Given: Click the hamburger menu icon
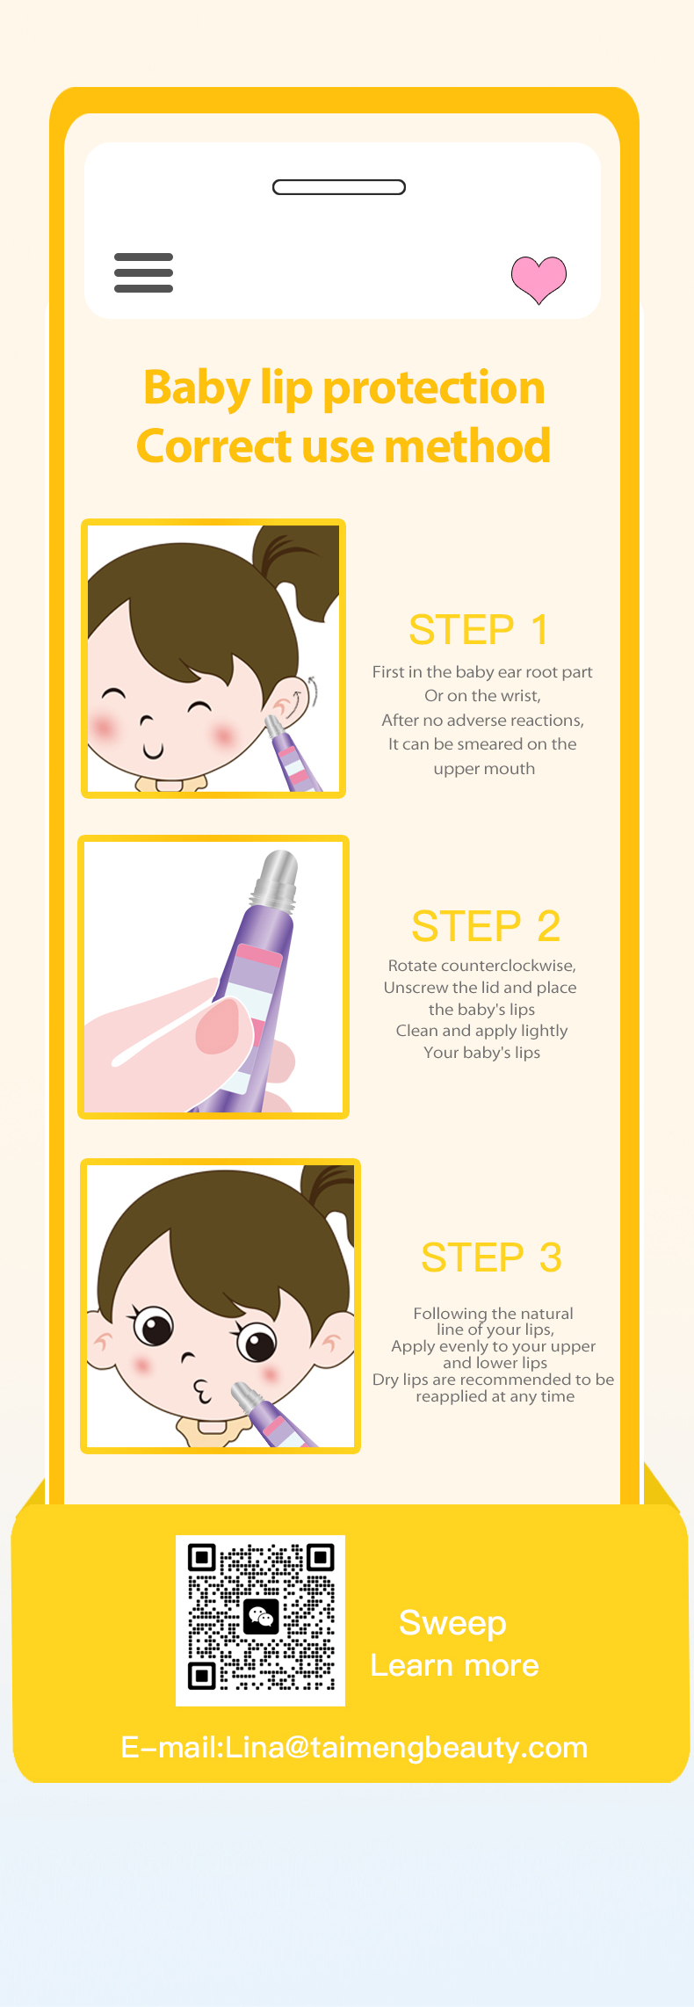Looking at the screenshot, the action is [x=143, y=272].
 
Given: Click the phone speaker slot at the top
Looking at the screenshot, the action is [x=339, y=187].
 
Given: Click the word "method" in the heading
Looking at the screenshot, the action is [x=467, y=446].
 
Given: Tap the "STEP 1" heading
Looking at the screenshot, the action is [x=479, y=629].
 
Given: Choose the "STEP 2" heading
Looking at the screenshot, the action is [x=486, y=926].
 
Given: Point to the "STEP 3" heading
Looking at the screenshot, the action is [x=491, y=1257].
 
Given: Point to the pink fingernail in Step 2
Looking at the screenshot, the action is [x=218, y=1025].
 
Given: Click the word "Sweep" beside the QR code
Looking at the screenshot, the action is [x=452, y=1624].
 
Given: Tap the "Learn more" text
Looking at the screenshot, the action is [x=454, y=1665].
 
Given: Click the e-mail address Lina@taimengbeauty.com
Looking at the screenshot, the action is [x=406, y=1747].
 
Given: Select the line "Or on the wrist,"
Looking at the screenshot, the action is [x=482, y=696].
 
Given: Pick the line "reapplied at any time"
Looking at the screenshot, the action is [x=495, y=1396].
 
